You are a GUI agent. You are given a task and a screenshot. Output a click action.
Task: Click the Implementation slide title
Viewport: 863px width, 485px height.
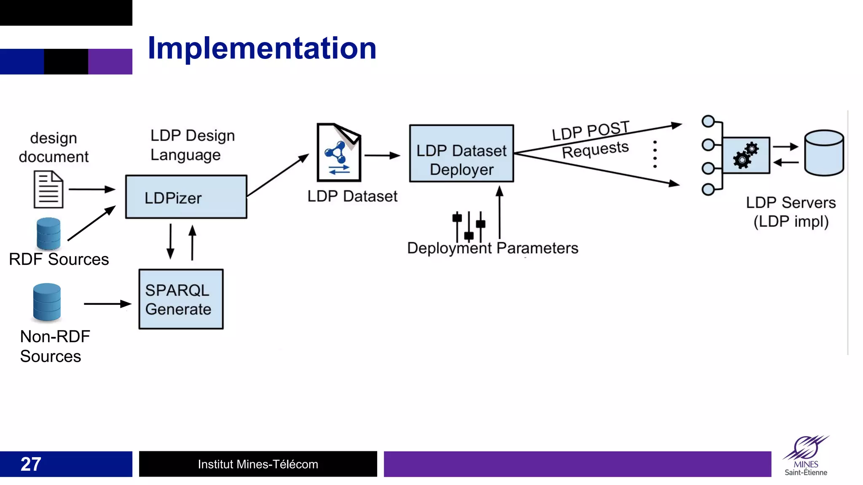click(x=262, y=48)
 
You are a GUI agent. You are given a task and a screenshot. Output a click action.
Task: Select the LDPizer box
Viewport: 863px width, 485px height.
click(x=186, y=197)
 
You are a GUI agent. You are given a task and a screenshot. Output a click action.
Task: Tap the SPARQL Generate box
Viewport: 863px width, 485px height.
click(x=181, y=299)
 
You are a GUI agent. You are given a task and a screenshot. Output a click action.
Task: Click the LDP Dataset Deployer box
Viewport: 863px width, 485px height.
click(x=461, y=153)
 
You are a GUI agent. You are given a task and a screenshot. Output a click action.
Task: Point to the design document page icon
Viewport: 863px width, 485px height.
click(x=48, y=189)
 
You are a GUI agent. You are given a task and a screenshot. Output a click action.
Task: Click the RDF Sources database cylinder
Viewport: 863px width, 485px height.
click(x=48, y=234)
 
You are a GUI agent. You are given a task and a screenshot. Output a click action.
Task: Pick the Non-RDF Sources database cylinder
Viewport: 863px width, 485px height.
click(x=47, y=302)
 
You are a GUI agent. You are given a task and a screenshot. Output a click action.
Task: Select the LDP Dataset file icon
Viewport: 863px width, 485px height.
click(x=339, y=152)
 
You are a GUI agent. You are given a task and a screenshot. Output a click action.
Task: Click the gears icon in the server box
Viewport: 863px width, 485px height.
click(x=746, y=155)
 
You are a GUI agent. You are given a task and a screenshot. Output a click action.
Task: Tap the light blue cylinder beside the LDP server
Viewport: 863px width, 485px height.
click(x=824, y=153)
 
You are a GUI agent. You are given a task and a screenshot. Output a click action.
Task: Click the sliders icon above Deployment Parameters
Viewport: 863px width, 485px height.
click(x=469, y=226)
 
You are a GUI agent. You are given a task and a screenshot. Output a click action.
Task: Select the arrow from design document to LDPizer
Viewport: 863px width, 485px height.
click(x=91, y=189)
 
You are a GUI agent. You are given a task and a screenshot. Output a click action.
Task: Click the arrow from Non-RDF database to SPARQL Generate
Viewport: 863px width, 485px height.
click(x=107, y=304)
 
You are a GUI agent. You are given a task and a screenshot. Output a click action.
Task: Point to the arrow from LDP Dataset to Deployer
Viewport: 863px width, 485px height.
click(x=381, y=155)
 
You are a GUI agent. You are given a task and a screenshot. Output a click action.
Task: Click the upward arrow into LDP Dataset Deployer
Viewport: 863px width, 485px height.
click(x=499, y=213)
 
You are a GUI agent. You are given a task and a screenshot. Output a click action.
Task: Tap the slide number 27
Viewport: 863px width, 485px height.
click(x=31, y=464)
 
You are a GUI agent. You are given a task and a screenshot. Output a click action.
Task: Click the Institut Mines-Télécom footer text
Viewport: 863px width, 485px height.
click(x=258, y=464)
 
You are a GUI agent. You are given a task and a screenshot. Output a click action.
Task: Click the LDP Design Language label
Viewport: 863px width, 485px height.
click(x=193, y=145)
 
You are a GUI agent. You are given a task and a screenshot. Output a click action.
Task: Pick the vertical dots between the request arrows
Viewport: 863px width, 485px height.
click(x=655, y=155)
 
